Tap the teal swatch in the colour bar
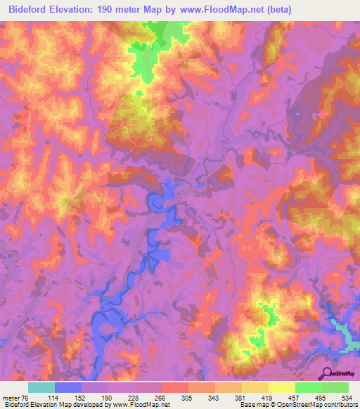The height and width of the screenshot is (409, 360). [x=41, y=387]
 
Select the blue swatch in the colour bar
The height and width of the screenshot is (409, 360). [x=68, y=387]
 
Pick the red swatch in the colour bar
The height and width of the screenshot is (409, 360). [x=175, y=387]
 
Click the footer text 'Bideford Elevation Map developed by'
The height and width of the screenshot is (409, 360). [x=49, y=404]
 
